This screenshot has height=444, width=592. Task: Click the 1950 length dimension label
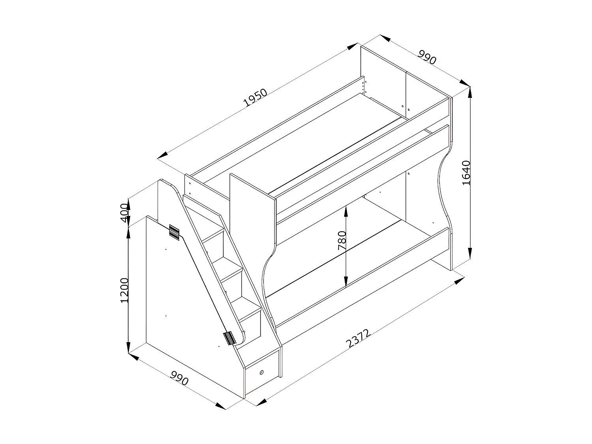(x=256, y=98)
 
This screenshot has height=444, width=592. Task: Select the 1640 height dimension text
(x=466, y=172)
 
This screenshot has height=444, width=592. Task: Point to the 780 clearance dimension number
(x=342, y=240)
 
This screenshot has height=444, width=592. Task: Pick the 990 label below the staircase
(x=180, y=379)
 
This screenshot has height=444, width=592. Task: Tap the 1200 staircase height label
(x=124, y=290)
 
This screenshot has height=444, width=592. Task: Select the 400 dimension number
(x=124, y=213)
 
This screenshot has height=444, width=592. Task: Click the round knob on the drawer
(x=262, y=372)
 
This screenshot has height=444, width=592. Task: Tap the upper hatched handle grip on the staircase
(x=174, y=232)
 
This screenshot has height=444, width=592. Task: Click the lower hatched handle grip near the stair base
(x=229, y=338)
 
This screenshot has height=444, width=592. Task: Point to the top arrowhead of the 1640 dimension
(x=470, y=92)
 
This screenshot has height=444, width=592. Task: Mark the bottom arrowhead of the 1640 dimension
(x=470, y=254)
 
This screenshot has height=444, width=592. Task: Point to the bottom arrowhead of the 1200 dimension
(x=128, y=348)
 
